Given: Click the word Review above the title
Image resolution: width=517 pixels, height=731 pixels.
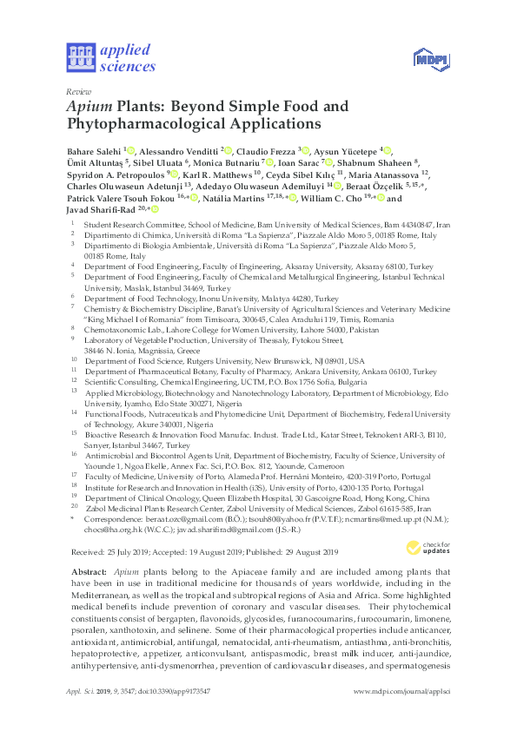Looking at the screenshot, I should tap(78, 91).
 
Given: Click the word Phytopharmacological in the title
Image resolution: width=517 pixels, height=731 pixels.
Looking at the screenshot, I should tap(143, 126).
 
